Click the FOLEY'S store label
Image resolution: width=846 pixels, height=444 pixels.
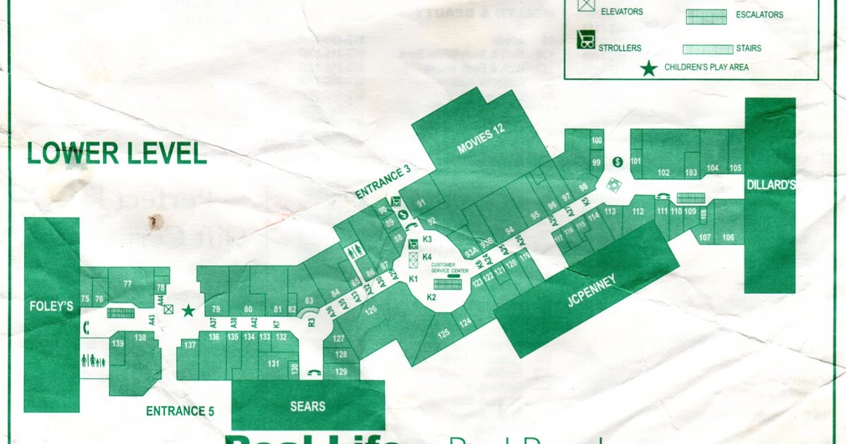pos(51,307)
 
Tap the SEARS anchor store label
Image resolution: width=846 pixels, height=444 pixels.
pos(307,406)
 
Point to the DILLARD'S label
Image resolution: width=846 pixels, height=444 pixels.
pos(770,185)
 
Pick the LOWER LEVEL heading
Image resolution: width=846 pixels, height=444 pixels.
pos(116,154)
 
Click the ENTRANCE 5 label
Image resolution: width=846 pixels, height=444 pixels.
pos(180,411)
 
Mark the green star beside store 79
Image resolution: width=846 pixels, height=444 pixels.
pos(188,310)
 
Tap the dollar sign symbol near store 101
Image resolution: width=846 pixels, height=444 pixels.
pos(618,161)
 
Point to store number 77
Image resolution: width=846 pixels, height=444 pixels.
pos(127,284)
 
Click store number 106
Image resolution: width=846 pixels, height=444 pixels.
pos(728,238)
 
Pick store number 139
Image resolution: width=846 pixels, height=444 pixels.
pos(118,343)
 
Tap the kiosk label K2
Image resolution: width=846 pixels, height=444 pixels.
pos(431,298)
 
